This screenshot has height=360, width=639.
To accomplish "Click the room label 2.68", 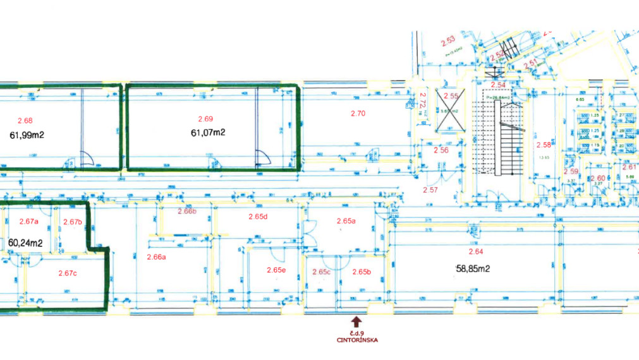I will click(25, 121).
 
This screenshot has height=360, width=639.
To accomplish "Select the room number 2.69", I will click(205, 119).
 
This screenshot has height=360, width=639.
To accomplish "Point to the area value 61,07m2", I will click(208, 133).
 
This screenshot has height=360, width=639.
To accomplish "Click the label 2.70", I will click(358, 114).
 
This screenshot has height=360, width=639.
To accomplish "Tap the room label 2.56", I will click(441, 150).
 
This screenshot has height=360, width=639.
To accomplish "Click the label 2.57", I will click(430, 189).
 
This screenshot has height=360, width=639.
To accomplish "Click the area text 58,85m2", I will click(473, 268).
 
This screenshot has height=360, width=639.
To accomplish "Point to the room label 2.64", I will click(475, 251).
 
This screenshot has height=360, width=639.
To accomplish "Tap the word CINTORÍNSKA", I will click(357, 340).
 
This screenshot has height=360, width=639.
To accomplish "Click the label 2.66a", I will click(155, 257).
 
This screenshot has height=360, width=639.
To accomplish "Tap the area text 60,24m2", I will click(25, 243).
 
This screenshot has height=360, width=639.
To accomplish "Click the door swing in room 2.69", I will click(260, 157).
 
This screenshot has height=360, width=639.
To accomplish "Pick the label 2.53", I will click(448, 39).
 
